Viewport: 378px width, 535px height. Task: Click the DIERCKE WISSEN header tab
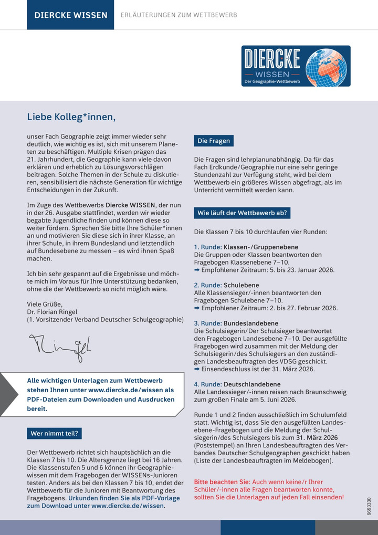pyautogui.click(x=70, y=15)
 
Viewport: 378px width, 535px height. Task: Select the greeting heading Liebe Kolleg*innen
pyautogui.click(x=71, y=117)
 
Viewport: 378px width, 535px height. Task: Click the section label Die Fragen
pyautogui.click(x=214, y=141)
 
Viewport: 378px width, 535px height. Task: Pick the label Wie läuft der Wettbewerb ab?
pyautogui.click(x=242, y=213)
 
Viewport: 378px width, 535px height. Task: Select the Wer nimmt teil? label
pyautogui.click(x=55, y=433)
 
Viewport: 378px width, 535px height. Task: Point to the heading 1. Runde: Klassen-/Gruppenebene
pyautogui.click(x=246, y=247)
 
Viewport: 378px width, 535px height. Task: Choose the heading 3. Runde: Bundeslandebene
pyautogui.click(x=236, y=323)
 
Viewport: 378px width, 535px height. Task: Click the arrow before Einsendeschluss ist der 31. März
pyautogui.click(x=197, y=369)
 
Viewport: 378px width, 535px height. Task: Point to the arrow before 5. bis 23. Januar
pyautogui.click(x=197, y=270)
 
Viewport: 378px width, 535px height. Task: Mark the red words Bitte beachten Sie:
pyautogui.click(x=223, y=481)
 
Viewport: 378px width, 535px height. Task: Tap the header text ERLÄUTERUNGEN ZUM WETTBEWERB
pyautogui.click(x=179, y=15)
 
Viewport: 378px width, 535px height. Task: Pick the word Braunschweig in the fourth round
pyautogui.click(x=326, y=392)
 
